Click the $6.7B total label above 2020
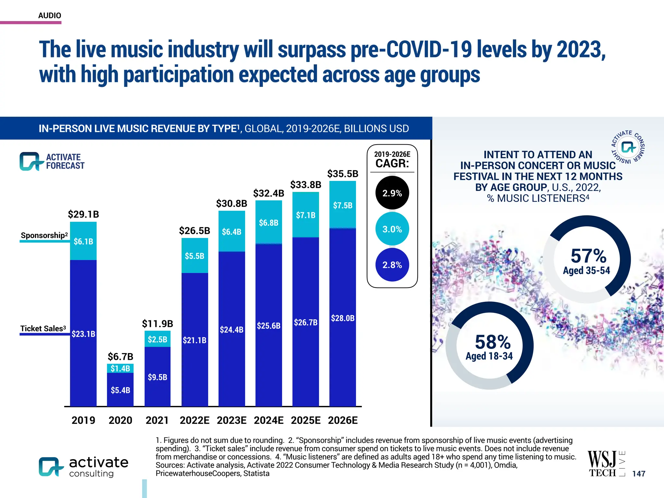coord(120,357)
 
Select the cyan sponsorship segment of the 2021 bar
coord(158,339)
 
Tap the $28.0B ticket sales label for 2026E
coord(342,318)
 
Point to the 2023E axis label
coord(231,420)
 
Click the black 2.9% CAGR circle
coord(392,193)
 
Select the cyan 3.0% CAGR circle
coord(392,229)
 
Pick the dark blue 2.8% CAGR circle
coord(392,265)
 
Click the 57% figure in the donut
coord(588,256)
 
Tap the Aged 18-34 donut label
coord(489,356)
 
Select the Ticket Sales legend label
coord(43,328)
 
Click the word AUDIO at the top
coord(50,16)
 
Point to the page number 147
coord(638,474)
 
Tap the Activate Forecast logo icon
coord(31,161)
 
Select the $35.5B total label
coord(342,174)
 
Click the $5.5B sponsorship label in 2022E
coord(194,256)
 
